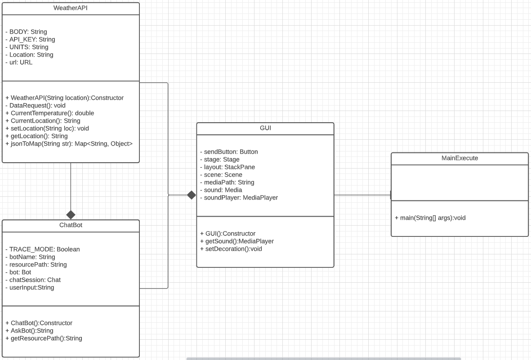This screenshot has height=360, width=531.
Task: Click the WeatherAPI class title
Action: click(x=71, y=9)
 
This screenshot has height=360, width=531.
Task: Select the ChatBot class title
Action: click(x=71, y=226)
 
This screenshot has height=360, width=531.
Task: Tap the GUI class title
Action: click(x=265, y=128)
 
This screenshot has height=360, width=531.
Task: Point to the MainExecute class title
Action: click(x=460, y=159)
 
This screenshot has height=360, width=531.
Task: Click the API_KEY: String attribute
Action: click(x=30, y=40)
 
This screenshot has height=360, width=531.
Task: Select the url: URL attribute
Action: click(x=19, y=62)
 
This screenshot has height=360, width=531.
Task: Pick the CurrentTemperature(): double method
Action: click(x=49, y=113)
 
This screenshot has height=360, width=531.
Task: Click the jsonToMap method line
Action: click(x=69, y=144)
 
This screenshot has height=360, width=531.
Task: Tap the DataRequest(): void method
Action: click(x=36, y=106)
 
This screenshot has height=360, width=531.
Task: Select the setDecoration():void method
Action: click(x=231, y=249)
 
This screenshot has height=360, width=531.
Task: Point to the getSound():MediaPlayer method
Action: click(x=237, y=241)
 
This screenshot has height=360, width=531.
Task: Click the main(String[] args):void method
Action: click(x=430, y=218)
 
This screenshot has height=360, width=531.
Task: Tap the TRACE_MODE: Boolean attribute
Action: click(x=42, y=249)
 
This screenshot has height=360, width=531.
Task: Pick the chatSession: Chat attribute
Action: click(x=33, y=280)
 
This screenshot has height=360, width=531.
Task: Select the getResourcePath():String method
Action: click(x=44, y=338)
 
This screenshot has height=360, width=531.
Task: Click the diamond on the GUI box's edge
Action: click(x=192, y=195)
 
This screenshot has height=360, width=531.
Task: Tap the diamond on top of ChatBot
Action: click(x=71, y=215)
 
